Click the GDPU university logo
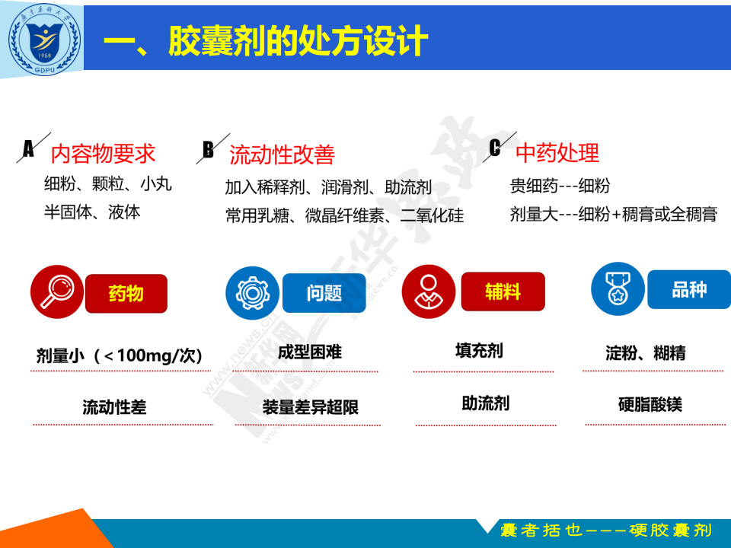(45, 39)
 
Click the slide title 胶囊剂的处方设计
(298, 41)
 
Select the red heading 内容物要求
(103, 154)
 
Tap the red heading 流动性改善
(282, 155)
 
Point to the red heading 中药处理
(557, 153)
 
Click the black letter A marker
(28, 148)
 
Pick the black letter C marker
(495, 148)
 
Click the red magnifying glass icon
(57, 292)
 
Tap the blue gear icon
(252, 293)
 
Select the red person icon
(429, 292)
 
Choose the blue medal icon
(618, 289)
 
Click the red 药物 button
(126, 294)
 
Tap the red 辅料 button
(503, 292)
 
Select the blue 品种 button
(689, 289)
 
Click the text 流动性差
(114, 407)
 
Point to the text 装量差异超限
(311, 407)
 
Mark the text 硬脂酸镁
(650, 404)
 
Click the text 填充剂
(479, 350)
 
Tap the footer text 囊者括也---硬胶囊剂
(606, 530)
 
